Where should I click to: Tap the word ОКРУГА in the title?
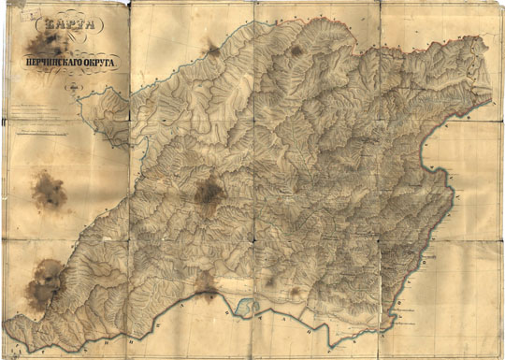click(98, 58)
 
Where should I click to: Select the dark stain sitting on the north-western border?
click(213, 50)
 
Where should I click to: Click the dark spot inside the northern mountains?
click(296, 50)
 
